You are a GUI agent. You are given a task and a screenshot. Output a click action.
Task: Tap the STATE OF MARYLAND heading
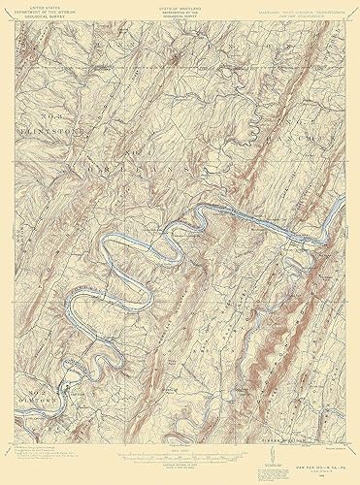point(180,6)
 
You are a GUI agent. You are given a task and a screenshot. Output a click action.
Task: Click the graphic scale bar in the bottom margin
point(180,453)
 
